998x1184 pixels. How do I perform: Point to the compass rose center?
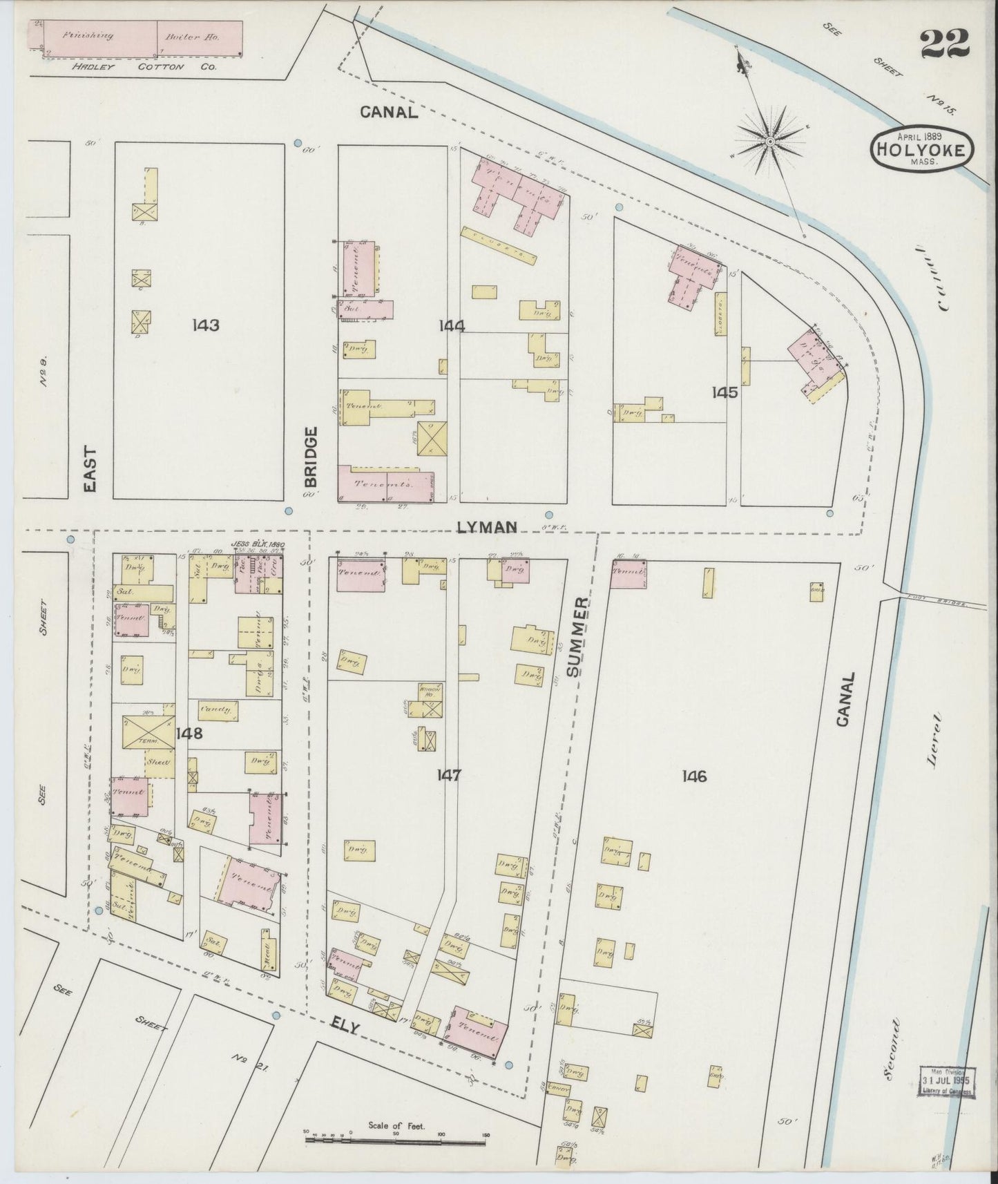(769, 142)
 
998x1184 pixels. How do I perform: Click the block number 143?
(206, 325)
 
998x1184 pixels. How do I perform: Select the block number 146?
(693, 776)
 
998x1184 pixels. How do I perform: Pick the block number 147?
(448, 776)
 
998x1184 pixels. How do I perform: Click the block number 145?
(725, 392)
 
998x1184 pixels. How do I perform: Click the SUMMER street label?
(579, 636)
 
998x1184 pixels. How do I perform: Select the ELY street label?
(345, 1028)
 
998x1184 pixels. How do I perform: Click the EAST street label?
(90, 468)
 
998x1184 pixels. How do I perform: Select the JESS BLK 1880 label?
(258, 544)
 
